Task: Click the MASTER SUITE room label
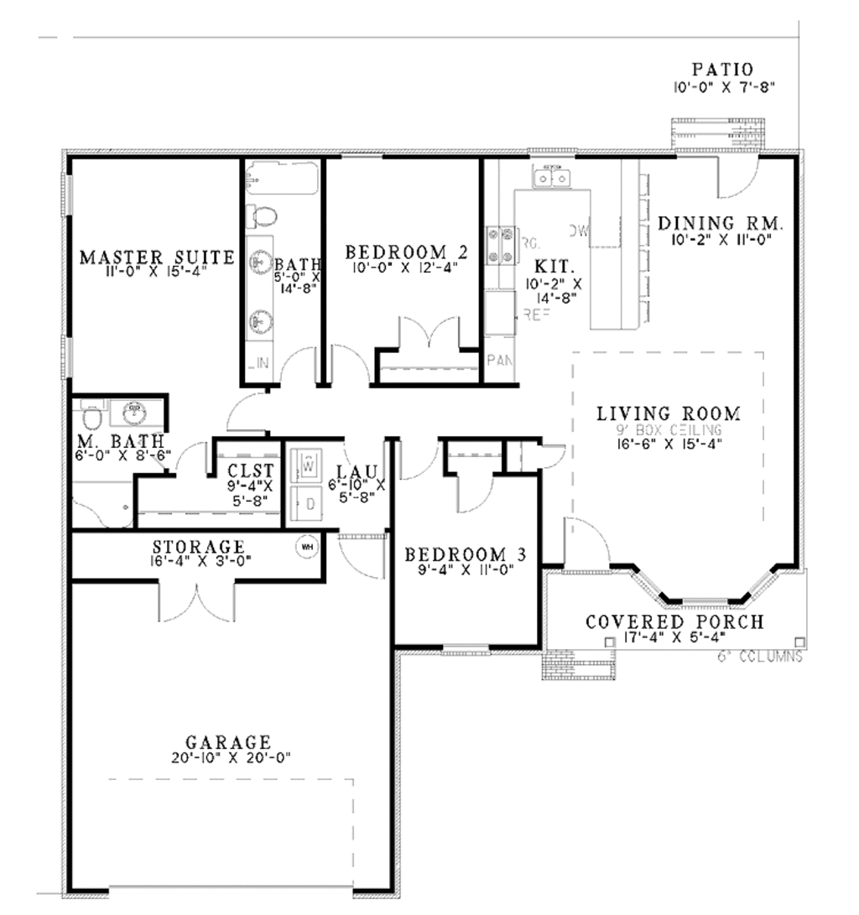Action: click(x=157, y=257)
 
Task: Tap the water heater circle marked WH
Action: click(x=306, y=547)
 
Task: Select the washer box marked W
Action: click(x=307, y=462)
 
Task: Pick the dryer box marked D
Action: click(x=307, y=504)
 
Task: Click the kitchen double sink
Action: click(x=551, y=178)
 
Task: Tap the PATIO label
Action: click(x=722, y=70)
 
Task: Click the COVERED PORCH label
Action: click(x=674, y=622)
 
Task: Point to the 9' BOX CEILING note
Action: click(x=669, y=429)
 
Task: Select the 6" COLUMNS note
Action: click(x=760, y=657)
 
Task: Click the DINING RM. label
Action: click(x=721, y=224)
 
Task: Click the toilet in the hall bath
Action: click(x=263, y=216)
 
